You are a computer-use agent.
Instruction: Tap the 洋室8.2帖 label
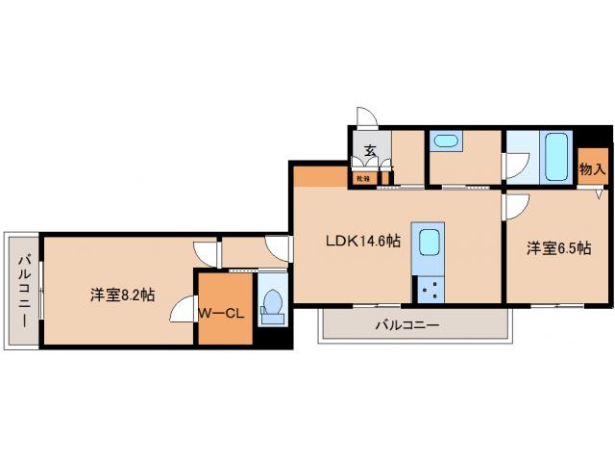coord(123,295)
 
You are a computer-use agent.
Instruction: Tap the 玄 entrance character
coord(369,149)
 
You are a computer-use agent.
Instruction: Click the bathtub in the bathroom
coord(556,156)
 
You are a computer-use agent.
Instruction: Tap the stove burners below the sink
coord(429,287)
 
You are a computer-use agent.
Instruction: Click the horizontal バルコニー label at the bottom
coord(406,326)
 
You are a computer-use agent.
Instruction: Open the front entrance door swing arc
coord(366,117)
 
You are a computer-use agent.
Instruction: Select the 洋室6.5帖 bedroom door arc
coord(517,205)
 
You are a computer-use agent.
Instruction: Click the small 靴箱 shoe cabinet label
coord(362,178)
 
